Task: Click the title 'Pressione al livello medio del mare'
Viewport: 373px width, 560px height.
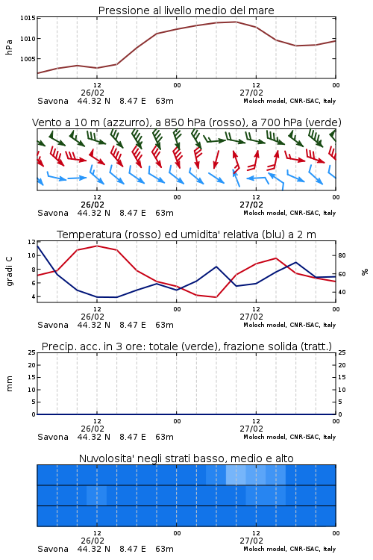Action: (186, 10)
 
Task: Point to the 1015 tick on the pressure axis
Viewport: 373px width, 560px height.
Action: (28, 18)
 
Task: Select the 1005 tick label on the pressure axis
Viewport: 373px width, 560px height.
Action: (28, 59)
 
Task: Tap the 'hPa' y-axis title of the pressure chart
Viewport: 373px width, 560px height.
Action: (9, 47)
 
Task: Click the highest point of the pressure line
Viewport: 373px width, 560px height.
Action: (236, 22)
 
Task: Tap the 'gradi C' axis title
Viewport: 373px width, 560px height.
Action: (10, 272)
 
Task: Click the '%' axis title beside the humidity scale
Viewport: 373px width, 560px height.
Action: (365, 272)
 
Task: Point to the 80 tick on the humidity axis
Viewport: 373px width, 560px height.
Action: (342, 255)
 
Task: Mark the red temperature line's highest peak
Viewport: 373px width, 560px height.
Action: (97, 246)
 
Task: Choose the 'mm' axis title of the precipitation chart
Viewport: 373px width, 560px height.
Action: (10, 384)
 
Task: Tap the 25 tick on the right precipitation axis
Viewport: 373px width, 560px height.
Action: (342, 352)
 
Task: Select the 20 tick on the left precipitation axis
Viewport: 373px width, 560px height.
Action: (32, 365)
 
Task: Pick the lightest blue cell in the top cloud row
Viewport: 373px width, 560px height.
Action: (236, 475)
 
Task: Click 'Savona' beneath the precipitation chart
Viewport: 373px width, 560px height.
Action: (53, 437)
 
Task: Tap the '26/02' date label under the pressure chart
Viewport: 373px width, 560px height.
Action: (93, 93)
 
